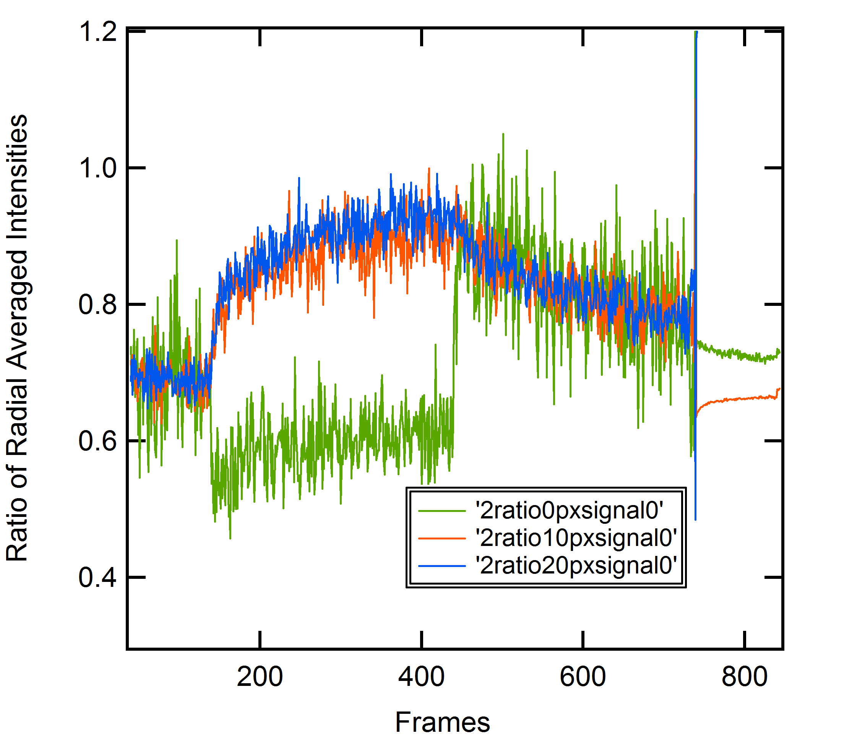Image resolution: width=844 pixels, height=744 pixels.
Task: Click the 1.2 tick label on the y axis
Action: [98, 32]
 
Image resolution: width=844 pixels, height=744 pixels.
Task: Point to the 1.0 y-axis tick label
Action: [98, 168]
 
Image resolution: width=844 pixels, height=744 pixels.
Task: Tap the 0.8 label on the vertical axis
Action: [98, 304]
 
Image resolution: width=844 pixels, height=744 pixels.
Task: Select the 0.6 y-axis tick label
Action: [98, 441]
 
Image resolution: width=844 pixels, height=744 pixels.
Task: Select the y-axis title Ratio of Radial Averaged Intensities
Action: [17, 338]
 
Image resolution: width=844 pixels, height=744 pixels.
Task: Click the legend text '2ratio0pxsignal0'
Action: [570, 511]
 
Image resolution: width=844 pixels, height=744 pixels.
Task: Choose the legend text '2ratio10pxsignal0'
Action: [576, 538]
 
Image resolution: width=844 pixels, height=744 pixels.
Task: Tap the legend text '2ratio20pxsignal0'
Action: [576, 565]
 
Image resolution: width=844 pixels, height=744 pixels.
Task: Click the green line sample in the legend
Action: [442, 511]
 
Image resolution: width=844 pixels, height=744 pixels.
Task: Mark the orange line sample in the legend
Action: [442, 538]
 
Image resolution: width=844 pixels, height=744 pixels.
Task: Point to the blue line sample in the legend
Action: [442, 565]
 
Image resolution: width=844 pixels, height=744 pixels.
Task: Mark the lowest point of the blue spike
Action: [695, 519]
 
